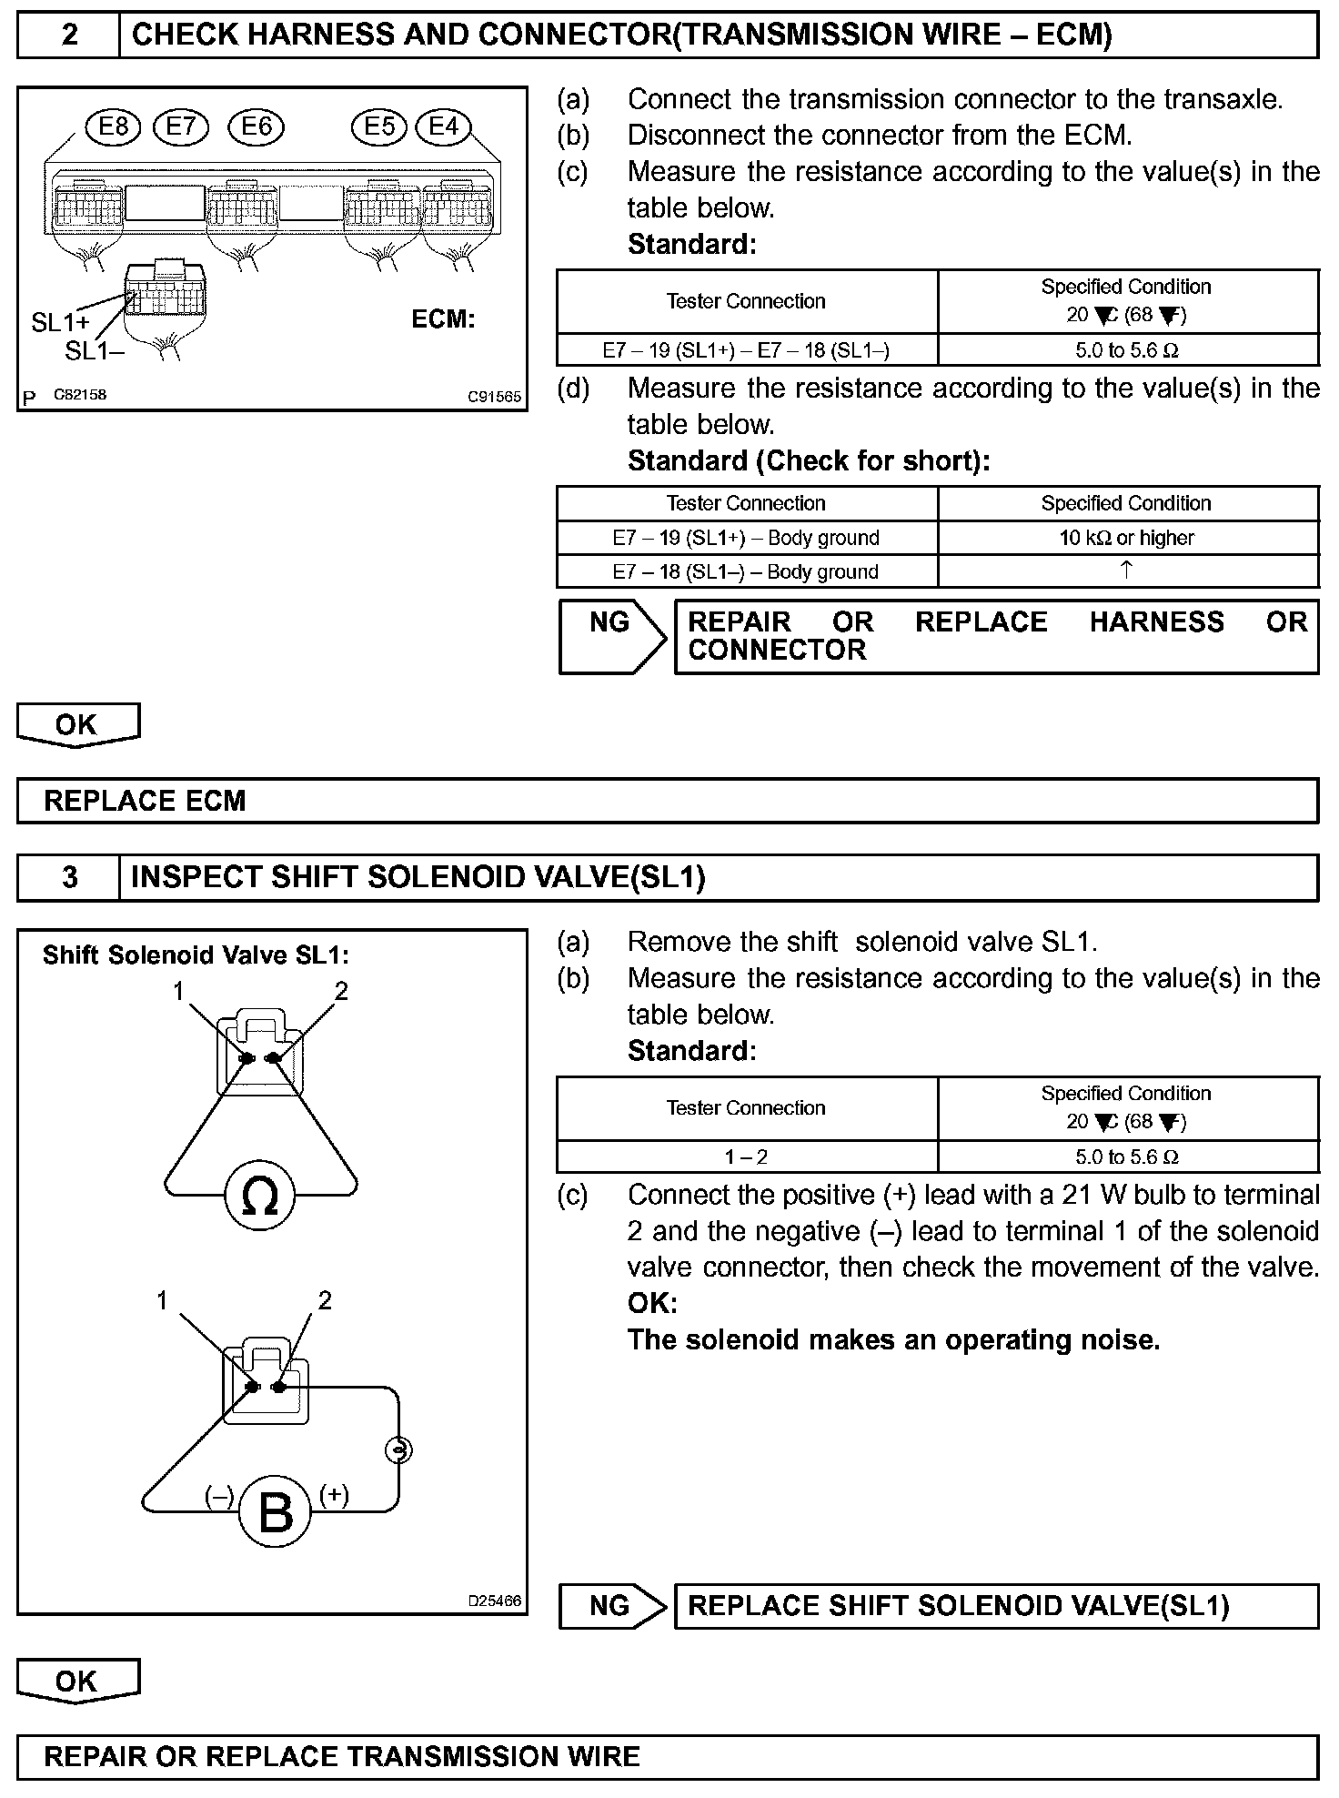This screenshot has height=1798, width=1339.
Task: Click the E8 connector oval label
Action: [113, 126]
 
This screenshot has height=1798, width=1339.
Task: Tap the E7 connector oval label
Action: [181, 126]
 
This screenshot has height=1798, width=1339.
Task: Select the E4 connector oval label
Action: [443, 126]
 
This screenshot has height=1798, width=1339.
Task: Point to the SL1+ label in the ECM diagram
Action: [60, 322]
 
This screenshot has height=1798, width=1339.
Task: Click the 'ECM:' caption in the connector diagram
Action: [443, 319]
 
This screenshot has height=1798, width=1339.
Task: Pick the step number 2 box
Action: [69, 35]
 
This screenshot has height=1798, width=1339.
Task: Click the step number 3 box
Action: [69, 877]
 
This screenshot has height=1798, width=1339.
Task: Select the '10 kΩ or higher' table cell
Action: [1126, 538]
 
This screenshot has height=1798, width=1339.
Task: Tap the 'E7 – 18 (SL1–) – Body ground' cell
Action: [745, 572]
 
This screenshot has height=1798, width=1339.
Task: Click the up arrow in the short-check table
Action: [1126, 571]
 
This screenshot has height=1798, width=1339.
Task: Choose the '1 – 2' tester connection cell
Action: [745, 1157]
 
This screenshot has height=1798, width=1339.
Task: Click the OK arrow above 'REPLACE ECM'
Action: [77, 725]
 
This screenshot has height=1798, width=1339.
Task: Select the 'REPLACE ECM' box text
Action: [146, 801]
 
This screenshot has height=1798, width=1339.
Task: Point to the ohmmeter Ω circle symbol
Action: [260, 1196]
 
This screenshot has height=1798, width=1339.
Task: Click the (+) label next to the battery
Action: [334, 1495]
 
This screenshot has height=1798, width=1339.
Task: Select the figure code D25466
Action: [495, 1601]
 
